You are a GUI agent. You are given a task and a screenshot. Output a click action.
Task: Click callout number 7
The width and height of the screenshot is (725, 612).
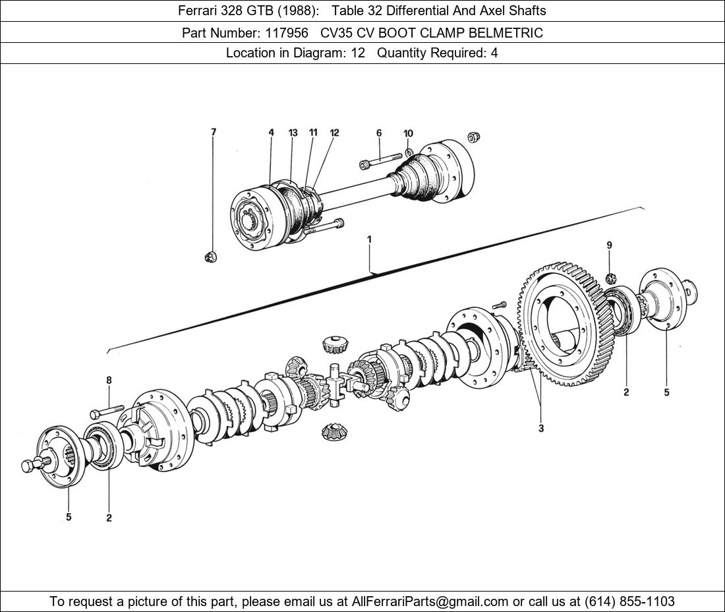[213, 132]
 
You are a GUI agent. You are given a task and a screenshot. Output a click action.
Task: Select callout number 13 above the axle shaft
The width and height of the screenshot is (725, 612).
[293, 133]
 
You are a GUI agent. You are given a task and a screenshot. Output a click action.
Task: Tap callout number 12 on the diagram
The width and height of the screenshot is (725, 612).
[334, 133]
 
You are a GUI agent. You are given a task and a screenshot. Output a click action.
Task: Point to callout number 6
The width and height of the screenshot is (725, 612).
[379, 133]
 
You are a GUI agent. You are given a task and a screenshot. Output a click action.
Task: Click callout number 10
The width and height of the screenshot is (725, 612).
[408, 133]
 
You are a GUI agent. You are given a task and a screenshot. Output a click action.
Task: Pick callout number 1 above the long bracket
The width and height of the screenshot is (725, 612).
[369, 239]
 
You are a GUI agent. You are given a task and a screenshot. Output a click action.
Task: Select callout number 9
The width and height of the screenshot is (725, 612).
[609, 245]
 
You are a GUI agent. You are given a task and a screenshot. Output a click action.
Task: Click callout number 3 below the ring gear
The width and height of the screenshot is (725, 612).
[541, 429]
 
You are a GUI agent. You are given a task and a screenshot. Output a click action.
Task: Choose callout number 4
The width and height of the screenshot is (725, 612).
[271, 133]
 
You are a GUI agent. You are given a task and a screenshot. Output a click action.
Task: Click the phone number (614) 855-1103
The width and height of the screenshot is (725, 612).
[629, 601]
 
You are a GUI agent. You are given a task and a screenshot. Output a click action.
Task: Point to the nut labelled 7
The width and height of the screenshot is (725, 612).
[211, 256]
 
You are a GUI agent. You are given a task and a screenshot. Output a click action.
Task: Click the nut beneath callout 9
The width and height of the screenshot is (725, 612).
[610, 278]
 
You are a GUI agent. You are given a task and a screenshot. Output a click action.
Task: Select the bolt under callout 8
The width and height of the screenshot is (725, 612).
[107, 411]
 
